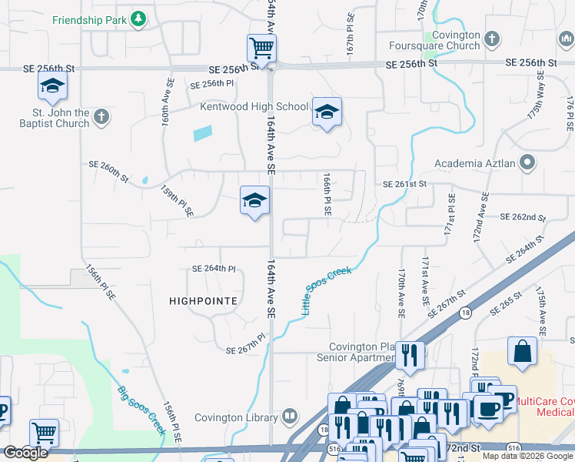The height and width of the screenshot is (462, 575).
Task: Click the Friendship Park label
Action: click(x=88, y=18)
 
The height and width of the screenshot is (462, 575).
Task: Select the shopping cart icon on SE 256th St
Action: click(x=261, y=49)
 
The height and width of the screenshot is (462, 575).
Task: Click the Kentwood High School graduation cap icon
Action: click(x=327, y=114)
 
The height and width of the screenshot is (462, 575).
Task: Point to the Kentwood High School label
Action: click(x=254, y=106)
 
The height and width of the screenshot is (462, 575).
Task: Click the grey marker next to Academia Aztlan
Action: click(x=527, y=162)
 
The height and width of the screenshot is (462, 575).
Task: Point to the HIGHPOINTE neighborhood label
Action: click(x=202, y=301)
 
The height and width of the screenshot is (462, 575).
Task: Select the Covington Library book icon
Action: click(x=290, y=417)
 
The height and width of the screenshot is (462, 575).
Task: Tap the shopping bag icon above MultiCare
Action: click(x=523, y=351)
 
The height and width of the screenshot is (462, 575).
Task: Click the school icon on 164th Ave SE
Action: click(x=255, y=202)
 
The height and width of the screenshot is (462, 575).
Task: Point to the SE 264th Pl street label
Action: click(x=213, y=269)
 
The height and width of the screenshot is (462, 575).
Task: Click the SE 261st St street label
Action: click(x=404, y=185)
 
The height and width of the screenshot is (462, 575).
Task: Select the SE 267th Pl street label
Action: click(x=245, y=343)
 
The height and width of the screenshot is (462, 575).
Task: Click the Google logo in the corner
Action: click(x=25, y=453)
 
